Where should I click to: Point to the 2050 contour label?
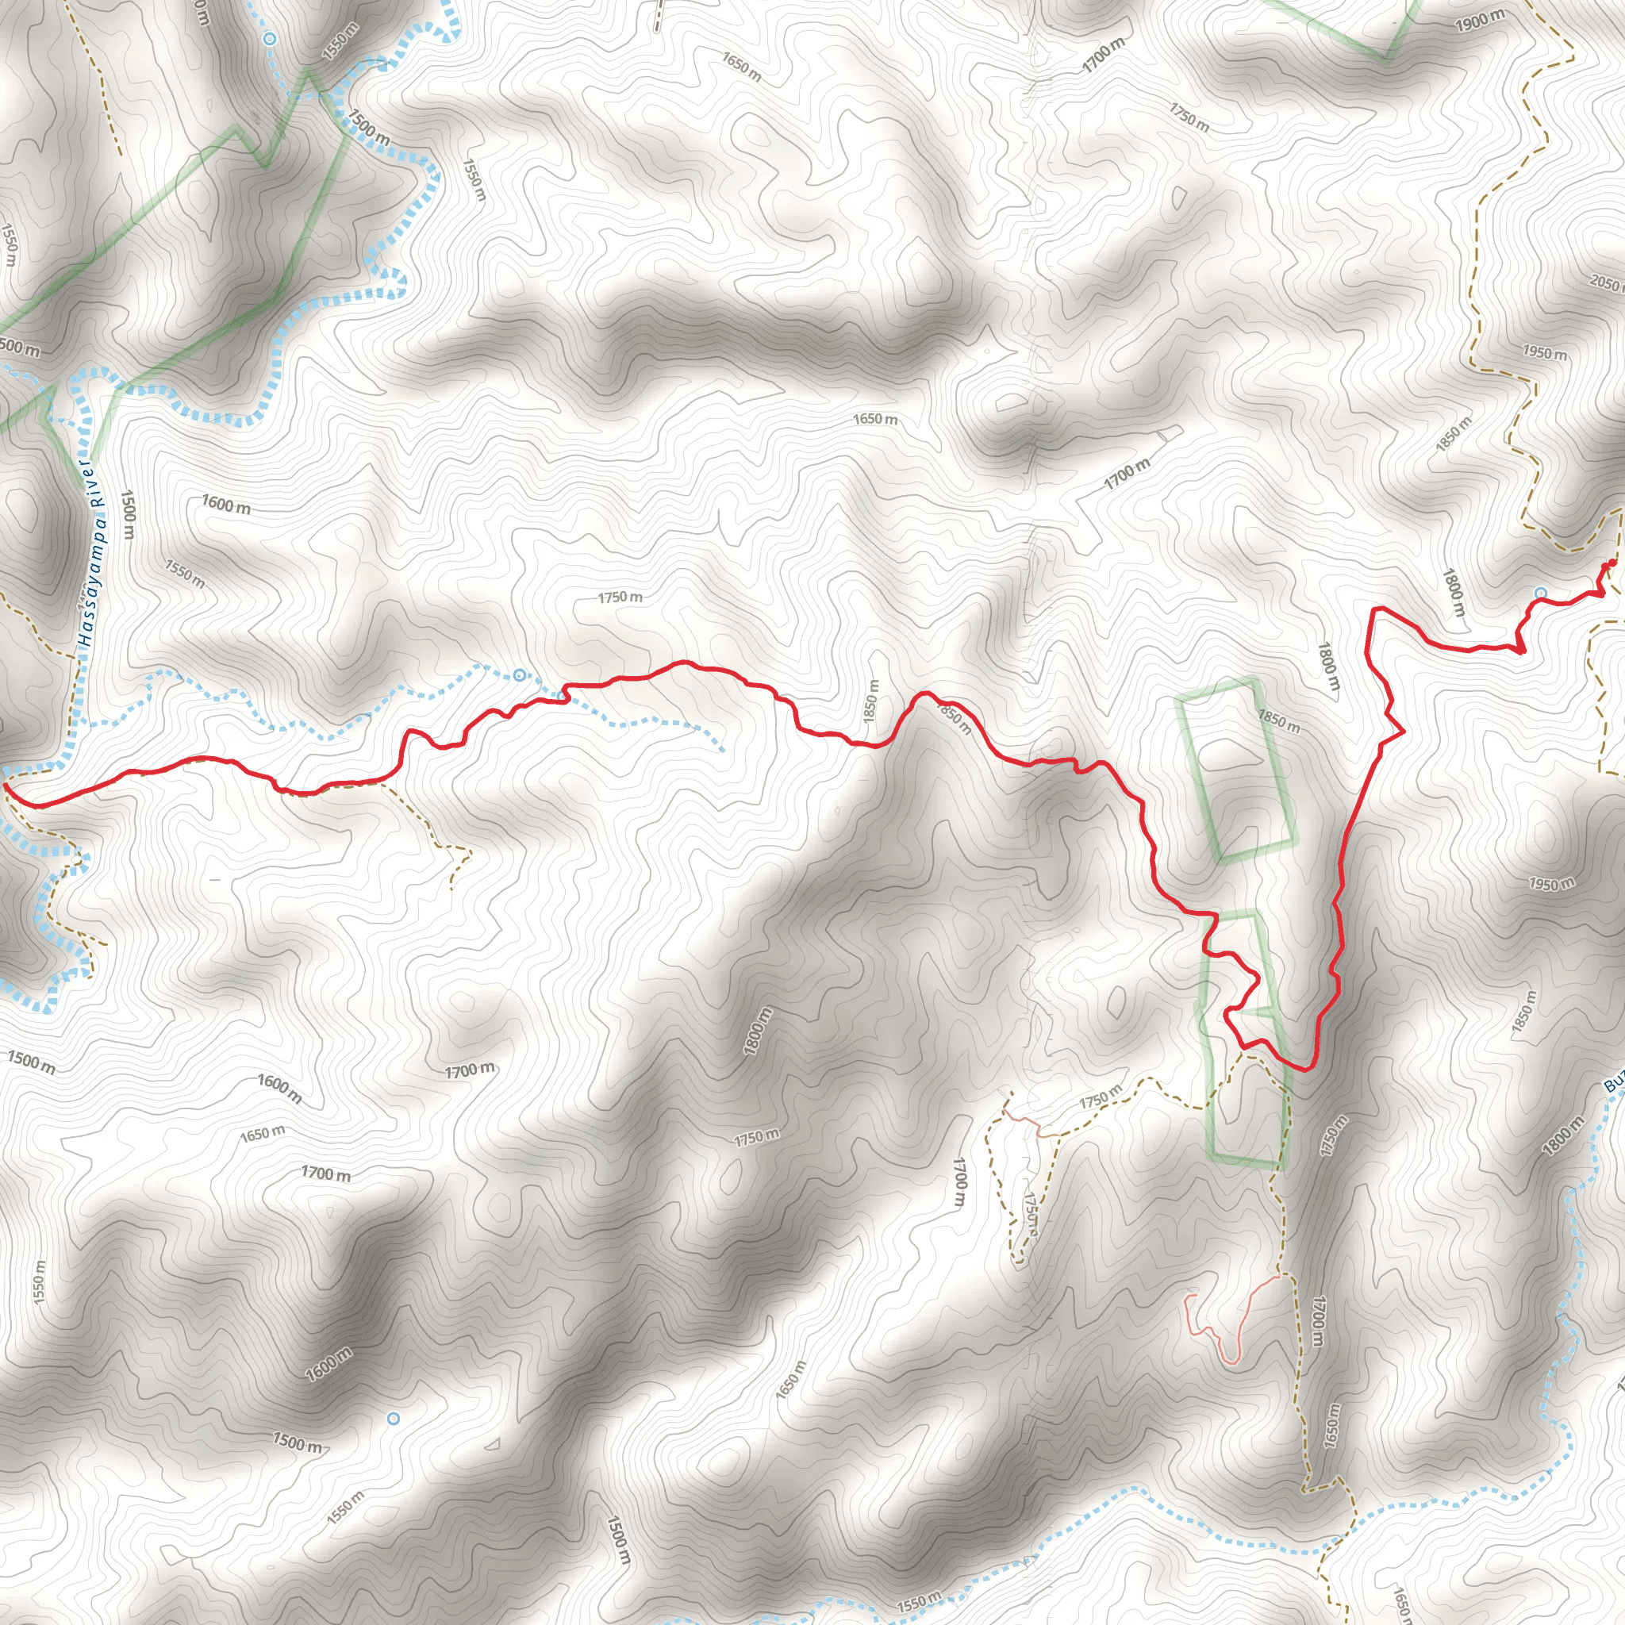[x=1608, y=283]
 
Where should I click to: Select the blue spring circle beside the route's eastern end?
[x=1540, y=593]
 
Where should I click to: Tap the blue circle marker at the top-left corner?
[x=269, y=39]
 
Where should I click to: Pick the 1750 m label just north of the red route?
[x=620, y=597]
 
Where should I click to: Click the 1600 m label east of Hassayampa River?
[x=225, y=505]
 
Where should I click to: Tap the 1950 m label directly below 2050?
[x=1545, y=352]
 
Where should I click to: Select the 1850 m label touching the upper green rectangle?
[x=1278, y=720]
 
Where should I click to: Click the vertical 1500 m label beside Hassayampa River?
[x=128, y=515]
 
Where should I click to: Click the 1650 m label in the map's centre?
[x=874, y=419]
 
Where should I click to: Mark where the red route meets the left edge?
[x=5, y=785]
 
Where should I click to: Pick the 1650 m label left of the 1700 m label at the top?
[x=741, y=67]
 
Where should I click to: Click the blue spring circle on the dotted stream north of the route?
[x=520, y=674]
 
